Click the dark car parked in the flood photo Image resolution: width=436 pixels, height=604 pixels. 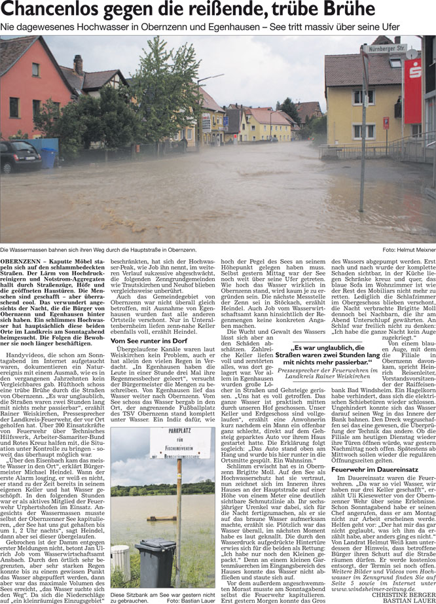click(19, 157)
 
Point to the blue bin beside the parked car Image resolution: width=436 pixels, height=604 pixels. click(49, 158)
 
